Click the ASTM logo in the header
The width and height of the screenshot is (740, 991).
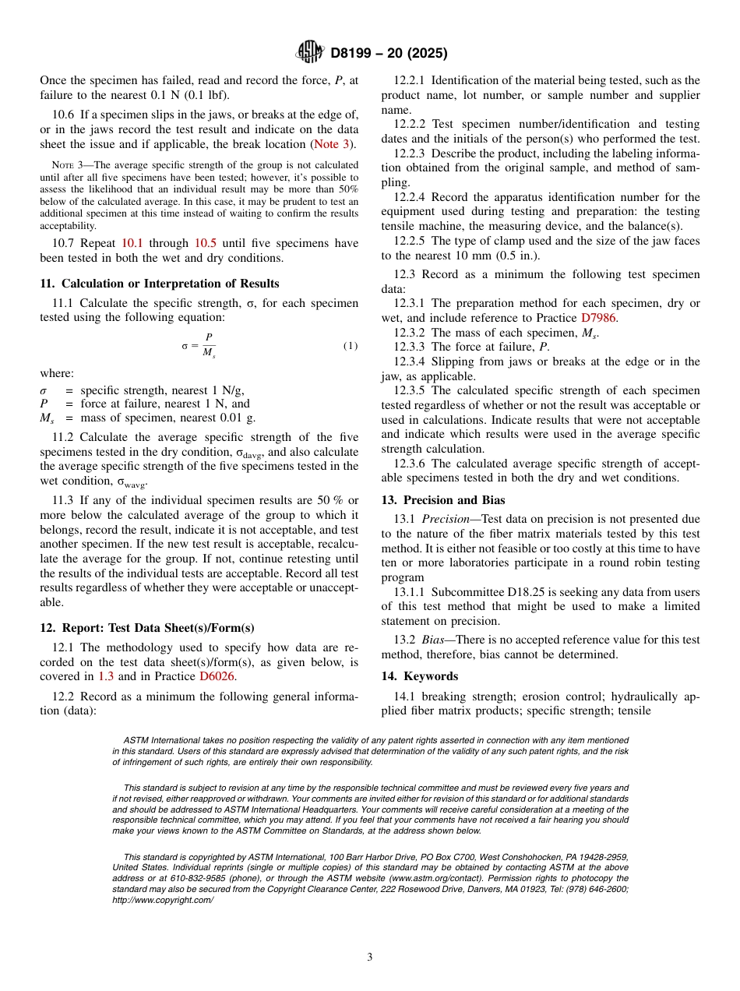tap(311, 53)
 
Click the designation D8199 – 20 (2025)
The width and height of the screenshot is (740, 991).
tap(389, 54)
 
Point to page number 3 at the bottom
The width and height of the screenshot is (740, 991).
tap(370, 957)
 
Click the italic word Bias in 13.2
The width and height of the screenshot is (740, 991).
tap(435, 640)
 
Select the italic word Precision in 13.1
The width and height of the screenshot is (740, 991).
tap(448, 519)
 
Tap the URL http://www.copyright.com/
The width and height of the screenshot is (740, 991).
tap(163, 900)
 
